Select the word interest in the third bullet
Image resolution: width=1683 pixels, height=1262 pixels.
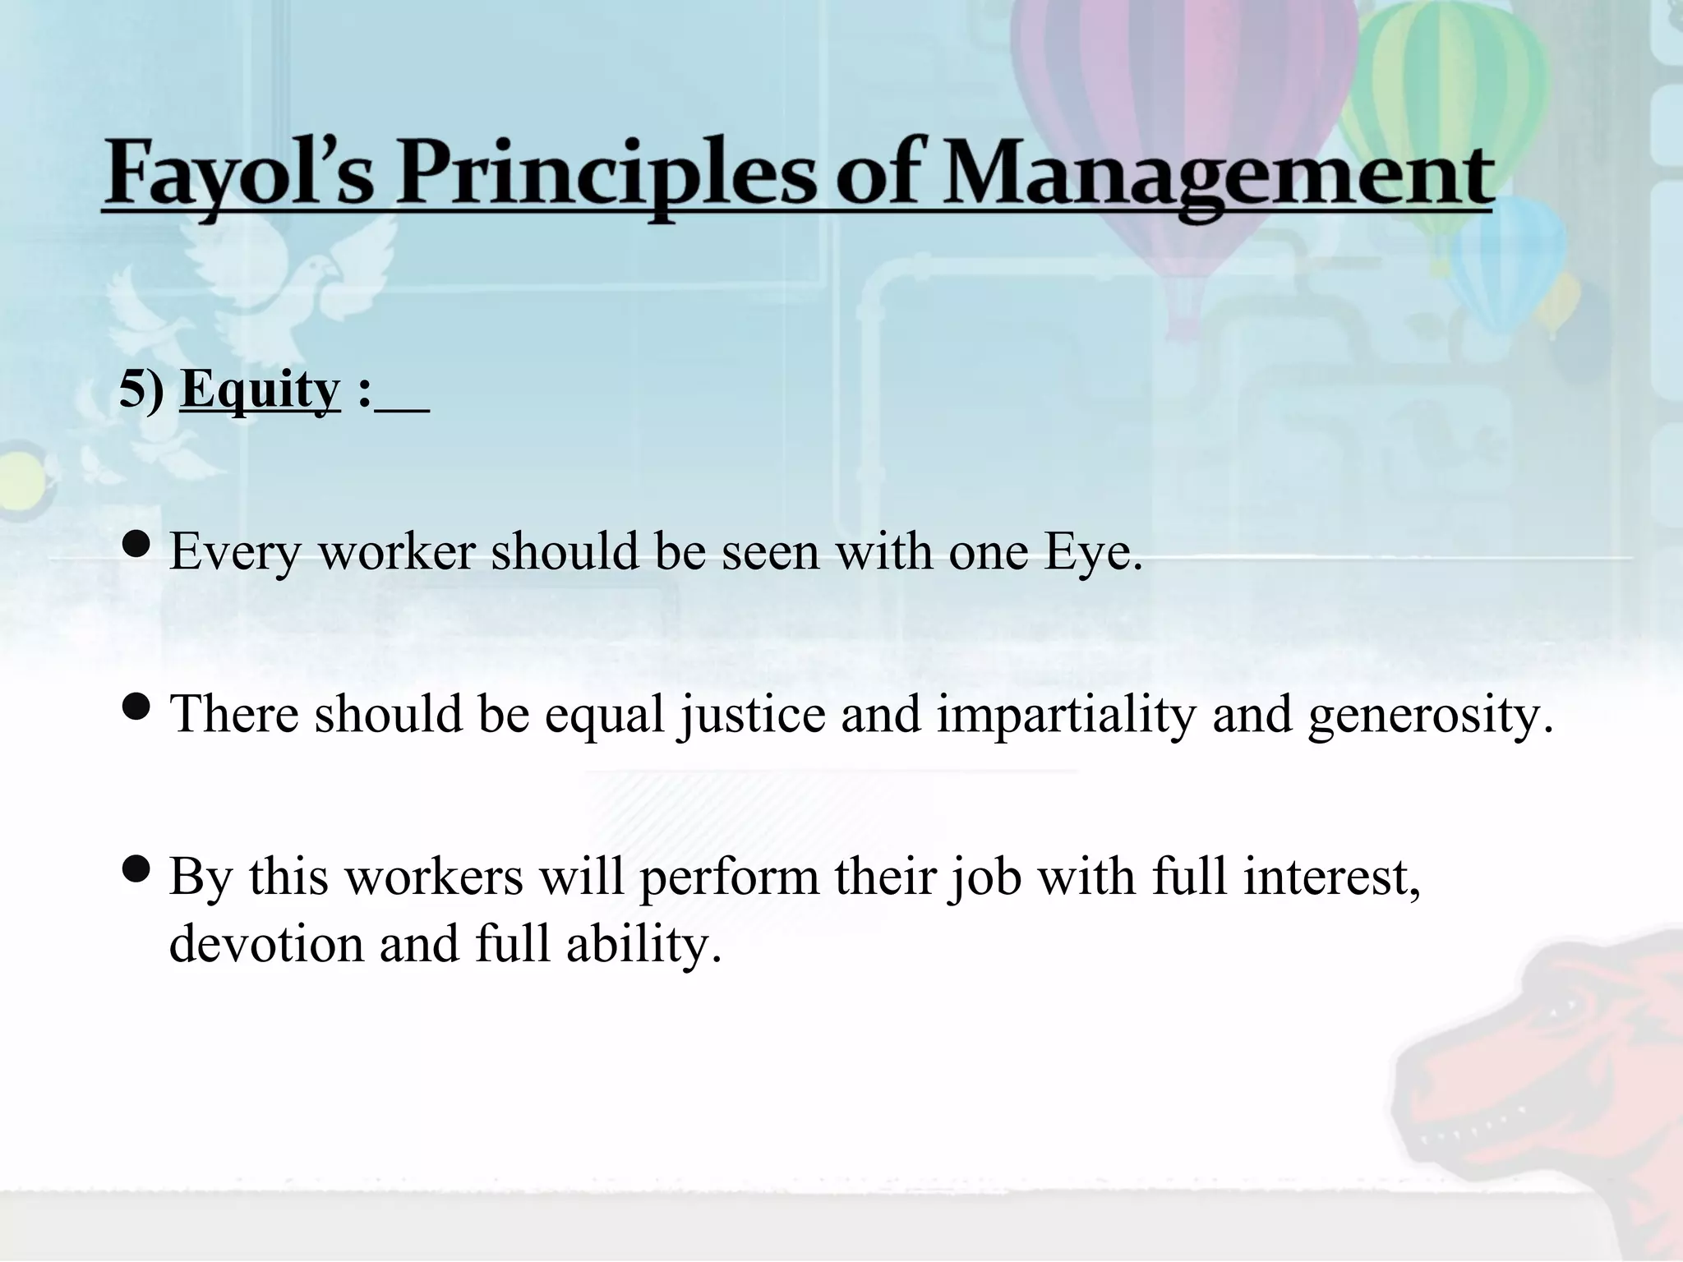[1331, 877]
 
